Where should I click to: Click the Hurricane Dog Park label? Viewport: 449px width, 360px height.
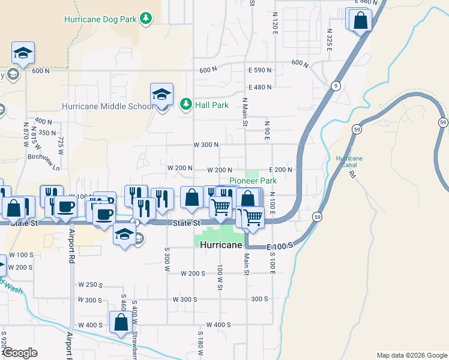100,19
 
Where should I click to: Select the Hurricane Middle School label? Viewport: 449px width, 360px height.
107,107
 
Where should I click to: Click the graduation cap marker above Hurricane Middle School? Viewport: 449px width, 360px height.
161,94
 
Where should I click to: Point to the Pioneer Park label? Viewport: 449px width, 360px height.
253,180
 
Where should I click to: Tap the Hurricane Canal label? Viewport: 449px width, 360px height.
349,161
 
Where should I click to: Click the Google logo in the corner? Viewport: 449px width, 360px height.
20,352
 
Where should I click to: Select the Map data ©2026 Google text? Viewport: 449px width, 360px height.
411,355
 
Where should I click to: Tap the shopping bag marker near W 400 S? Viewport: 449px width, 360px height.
121,323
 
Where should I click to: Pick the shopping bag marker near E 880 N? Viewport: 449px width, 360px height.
360,21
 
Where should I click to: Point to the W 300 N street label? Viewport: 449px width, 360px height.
205,145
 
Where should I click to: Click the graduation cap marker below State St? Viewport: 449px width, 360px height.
124,235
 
